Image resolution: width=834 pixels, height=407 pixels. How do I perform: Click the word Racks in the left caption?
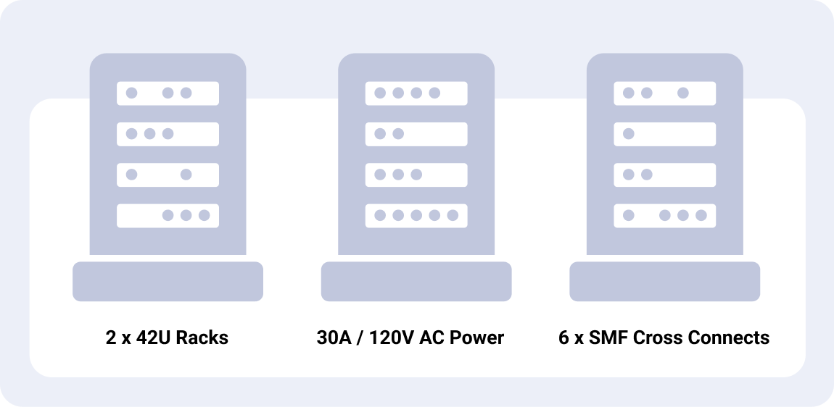click(x=202, y=337)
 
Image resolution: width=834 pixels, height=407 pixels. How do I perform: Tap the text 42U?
click(x=151, y=337)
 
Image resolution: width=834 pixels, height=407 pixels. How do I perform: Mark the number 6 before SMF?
click(x=563, y=337)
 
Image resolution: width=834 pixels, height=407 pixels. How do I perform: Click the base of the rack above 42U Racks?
click(x=168, y=281)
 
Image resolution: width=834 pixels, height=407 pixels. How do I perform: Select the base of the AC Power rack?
click(x=416, y=281)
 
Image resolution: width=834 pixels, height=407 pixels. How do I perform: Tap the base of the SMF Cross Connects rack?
click(x=664, y=281)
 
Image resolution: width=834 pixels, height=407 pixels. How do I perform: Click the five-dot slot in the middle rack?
click(x=416, y=215)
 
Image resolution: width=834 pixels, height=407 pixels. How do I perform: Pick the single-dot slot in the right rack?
click(x=664, y=134)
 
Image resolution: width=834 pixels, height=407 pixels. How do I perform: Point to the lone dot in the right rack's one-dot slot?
click(x=629, y=134)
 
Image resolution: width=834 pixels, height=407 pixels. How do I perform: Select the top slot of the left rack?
click(x=168, y=93)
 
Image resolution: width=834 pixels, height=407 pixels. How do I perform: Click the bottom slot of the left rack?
click(x=168, y=215)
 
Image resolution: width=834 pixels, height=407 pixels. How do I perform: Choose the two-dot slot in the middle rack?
click(x=416, y=134)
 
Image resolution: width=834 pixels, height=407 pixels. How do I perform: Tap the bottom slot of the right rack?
click(x=664, y=215)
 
